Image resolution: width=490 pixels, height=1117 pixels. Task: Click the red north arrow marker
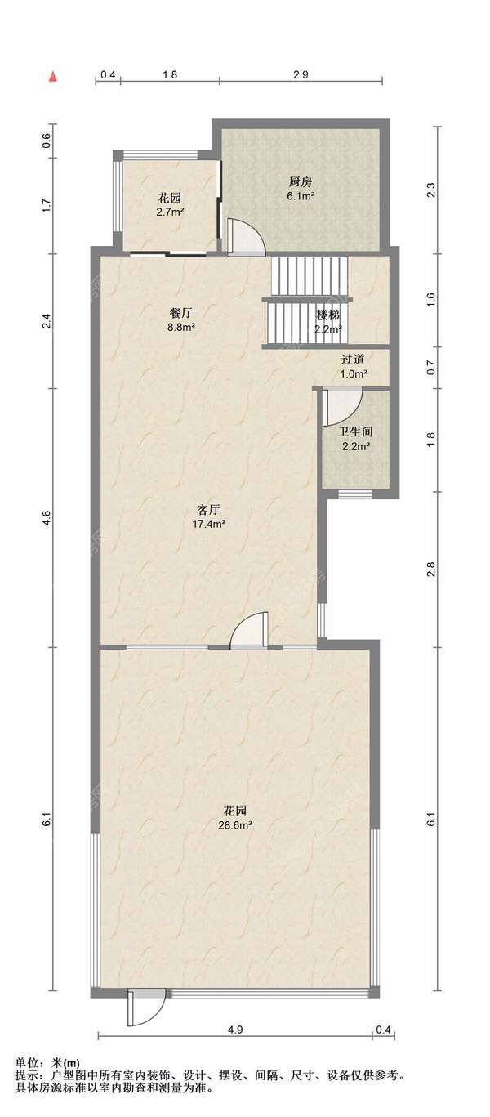tap(53, 76)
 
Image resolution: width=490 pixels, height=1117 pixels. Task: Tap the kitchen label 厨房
tap(300, 182)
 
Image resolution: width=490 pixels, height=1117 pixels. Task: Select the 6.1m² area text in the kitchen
tap(300, 196)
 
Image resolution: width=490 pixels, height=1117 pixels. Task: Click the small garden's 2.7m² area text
tap(170, 212)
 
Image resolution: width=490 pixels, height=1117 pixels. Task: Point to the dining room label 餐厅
tap(181, 314)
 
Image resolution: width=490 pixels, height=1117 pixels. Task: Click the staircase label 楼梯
tap(328, 315)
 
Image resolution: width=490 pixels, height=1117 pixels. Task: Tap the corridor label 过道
tap(354, 360)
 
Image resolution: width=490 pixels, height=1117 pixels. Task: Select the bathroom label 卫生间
tap(356, 432)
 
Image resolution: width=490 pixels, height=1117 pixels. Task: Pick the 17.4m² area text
tap(209, 524)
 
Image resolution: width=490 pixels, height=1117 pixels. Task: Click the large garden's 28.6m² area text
tap(234, 824)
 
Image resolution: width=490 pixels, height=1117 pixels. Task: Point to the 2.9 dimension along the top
tap(301, 74)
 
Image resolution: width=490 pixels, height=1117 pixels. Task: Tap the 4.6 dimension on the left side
tap(47, 517)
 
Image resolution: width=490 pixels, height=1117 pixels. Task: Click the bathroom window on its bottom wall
tap(355, 494)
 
